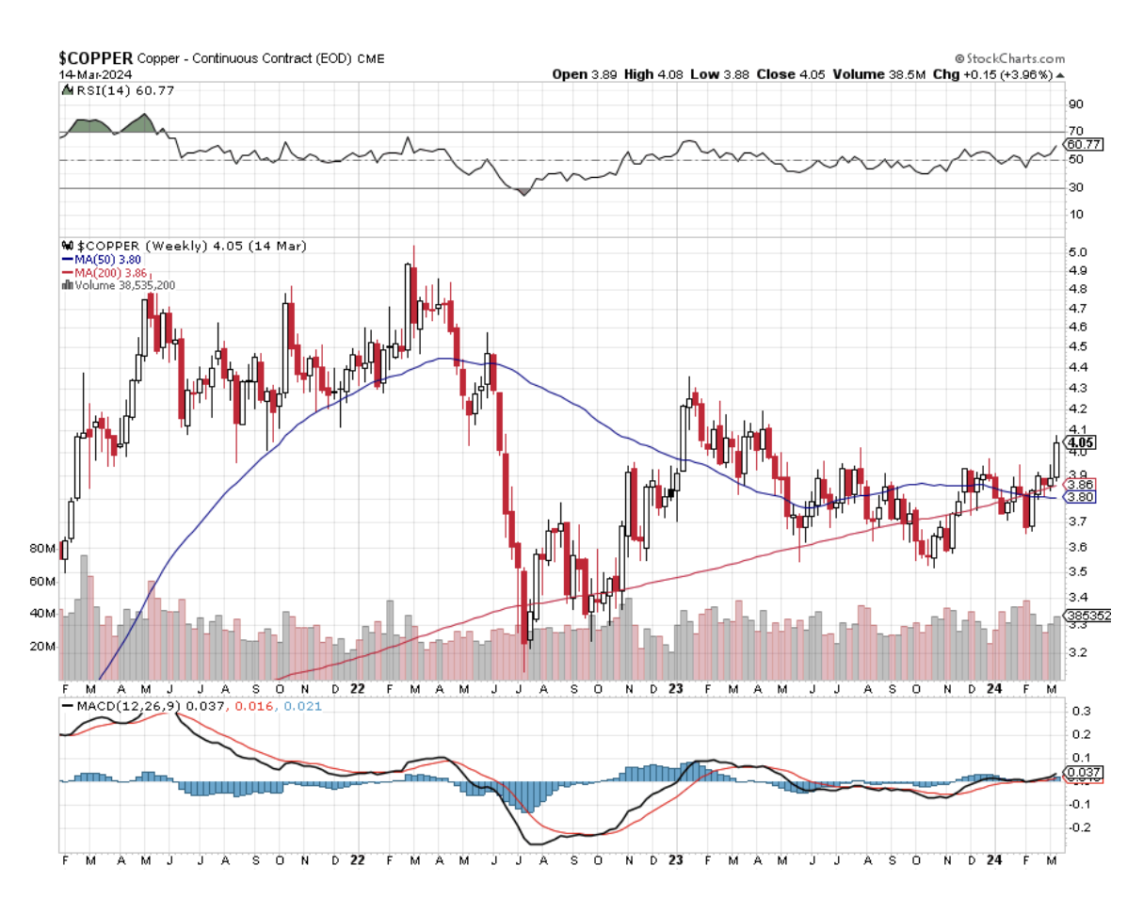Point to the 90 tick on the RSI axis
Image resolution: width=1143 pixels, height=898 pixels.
coord(1074,104)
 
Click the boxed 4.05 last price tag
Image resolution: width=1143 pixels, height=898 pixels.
coord(1079,441)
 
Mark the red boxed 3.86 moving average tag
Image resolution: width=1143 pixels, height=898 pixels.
coord(1079,484)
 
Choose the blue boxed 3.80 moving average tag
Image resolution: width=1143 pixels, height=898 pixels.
coord(1079,496)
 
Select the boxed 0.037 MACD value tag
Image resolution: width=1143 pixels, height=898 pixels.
coord(1084,773)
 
